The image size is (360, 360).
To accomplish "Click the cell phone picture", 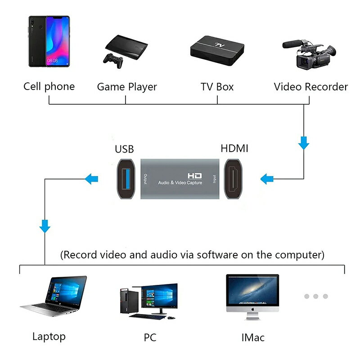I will [49, 41].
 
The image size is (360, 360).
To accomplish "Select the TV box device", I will [218, 50].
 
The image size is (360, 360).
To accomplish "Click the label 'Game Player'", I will [127, 86].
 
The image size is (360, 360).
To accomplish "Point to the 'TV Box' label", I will [217, 86].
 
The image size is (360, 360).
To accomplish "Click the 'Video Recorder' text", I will [311, 86].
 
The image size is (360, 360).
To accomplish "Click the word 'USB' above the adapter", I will [124, 149].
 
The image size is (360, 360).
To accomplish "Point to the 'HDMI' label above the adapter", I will [234, 148].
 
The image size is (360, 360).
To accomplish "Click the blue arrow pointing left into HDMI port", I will [266, 180].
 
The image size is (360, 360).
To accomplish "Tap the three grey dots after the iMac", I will [315, 296].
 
